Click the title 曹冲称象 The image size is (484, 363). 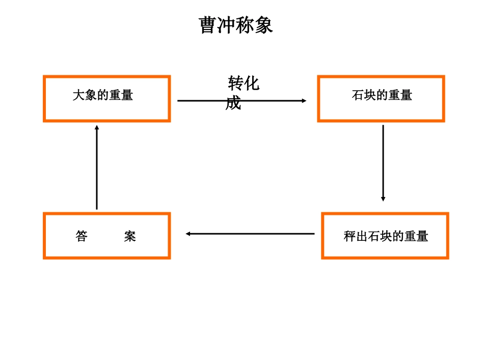[236, 25]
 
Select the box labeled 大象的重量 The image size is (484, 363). [106, 99]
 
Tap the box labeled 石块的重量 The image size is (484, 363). [381, 99]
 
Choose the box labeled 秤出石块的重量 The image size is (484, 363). [385, 236]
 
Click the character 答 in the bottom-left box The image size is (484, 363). [82, 236]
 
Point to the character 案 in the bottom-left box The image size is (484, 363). [130, 236]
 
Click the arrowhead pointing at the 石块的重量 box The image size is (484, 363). [304, 101]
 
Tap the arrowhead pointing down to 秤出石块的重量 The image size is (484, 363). [383, 199]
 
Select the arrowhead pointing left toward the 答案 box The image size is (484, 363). [189, 234]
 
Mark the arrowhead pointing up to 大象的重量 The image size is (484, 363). [97, 128]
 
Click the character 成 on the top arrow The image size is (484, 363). [233, 103]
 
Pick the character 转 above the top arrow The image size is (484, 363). [236, 83]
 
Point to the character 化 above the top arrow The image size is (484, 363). [252, 83]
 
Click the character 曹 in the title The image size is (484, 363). [208, 25]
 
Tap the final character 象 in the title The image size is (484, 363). [264, 25]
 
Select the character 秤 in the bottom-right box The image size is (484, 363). [349, 236]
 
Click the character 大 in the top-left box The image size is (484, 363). [78, 95]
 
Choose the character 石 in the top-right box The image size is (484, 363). [358, 95]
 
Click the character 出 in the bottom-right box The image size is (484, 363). [362, 236]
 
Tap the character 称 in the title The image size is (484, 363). [245, 25]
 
